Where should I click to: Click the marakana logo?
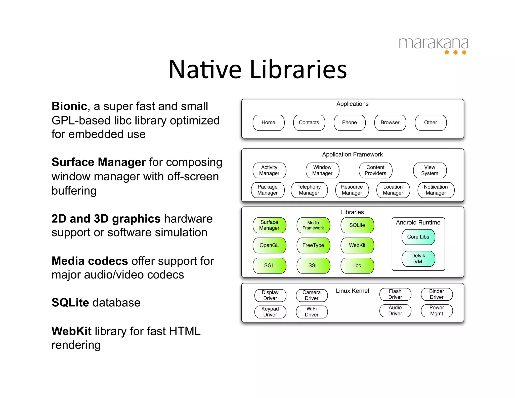[x=434, y=45]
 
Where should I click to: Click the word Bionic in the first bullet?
[x=69, y=106]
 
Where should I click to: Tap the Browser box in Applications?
[x=390, y=123]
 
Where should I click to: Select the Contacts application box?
[x=309, y=123]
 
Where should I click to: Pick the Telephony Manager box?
[x=309, y=190]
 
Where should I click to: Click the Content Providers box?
[x=375, y=170]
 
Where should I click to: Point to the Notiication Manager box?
[x=436, y=190]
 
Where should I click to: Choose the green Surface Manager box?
[x=269, y=225]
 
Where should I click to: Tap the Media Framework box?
[x=313, y=225]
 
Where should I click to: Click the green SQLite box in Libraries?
[x=357, y=225]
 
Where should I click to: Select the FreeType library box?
[x=313, y=245]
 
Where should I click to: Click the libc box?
[x=357, y=265]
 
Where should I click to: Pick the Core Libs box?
[x=418, y=237]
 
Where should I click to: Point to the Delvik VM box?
[x=418, y=259]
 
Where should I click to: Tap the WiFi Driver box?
[x=312, y=312]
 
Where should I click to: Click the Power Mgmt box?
[x=437, y=310]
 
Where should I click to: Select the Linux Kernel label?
[x=352, y=291]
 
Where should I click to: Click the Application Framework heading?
[x=352, y=154]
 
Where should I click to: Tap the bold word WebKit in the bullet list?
[x=71, y=331]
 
